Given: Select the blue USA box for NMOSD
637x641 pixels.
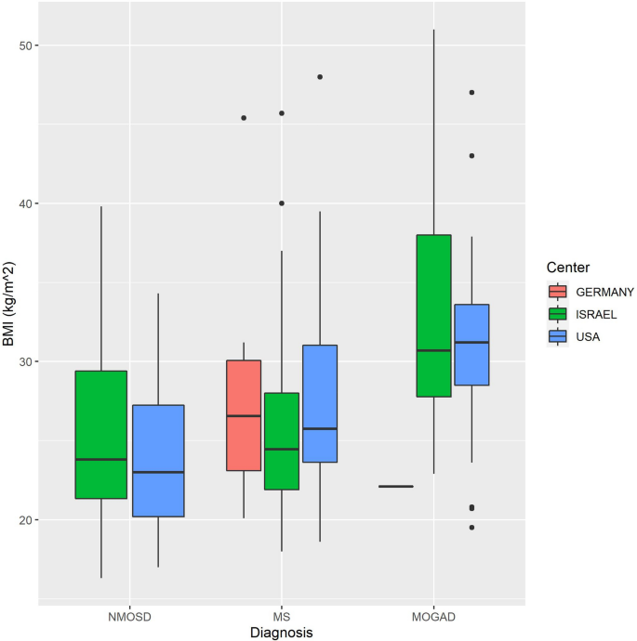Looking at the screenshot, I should pos(158,461).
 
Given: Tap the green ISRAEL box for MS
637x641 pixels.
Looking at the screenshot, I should pos(282,441).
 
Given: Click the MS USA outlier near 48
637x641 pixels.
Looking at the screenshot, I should pos(320,77).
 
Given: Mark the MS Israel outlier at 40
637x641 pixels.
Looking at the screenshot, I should pos(282,203).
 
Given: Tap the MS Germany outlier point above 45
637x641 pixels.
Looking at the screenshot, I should pos(244,118).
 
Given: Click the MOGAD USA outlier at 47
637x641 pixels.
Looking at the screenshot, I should pos(471,93).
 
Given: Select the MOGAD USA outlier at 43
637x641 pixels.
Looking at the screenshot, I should pos(471,156).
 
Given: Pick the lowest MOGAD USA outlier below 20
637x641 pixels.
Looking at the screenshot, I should pos(471,528).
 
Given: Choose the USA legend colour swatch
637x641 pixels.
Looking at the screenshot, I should pos(557,336).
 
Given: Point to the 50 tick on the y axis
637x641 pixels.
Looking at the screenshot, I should pos(27,46).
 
